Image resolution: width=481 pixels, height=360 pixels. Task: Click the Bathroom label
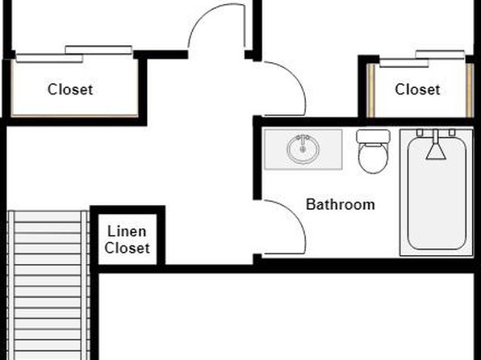341,204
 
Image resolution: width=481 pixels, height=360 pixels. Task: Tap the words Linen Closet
127,240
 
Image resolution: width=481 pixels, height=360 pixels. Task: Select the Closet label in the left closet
70,90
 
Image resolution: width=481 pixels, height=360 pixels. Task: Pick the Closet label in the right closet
417,90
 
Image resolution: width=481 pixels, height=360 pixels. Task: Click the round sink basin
303,149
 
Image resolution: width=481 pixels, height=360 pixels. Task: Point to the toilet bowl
374,158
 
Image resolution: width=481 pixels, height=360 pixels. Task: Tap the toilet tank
374,136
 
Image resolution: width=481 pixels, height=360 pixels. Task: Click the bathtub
437,192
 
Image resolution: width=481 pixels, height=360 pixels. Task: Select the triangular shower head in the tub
436,152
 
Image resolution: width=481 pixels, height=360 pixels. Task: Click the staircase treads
48,286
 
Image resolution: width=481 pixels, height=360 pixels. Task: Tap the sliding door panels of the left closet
74,54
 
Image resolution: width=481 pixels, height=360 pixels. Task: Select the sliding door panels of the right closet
422,59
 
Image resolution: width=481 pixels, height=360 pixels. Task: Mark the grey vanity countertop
303,149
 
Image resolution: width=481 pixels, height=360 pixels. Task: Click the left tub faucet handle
420,132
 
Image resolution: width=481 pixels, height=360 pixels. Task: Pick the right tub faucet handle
452,132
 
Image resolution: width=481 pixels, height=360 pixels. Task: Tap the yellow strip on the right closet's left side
371,90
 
